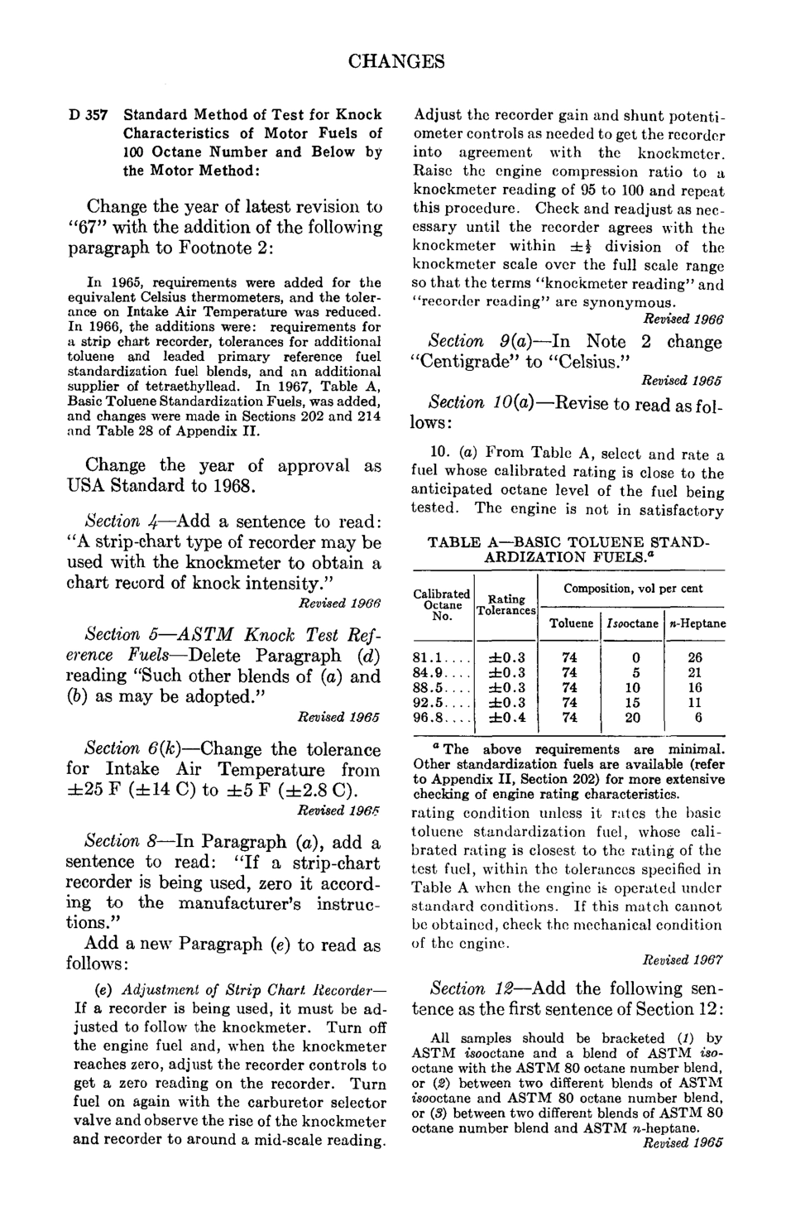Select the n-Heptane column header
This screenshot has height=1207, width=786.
tap(695, 623)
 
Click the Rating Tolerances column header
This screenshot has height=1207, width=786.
tap(506, 604)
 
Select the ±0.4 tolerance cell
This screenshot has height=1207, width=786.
tap(505, 718)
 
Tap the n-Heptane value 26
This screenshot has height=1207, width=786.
tap(695, 658)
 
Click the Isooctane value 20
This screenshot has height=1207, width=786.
tap(632, 718)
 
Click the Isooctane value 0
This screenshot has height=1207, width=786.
tap(632, 658)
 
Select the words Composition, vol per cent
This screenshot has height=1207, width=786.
tap(633, 589)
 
